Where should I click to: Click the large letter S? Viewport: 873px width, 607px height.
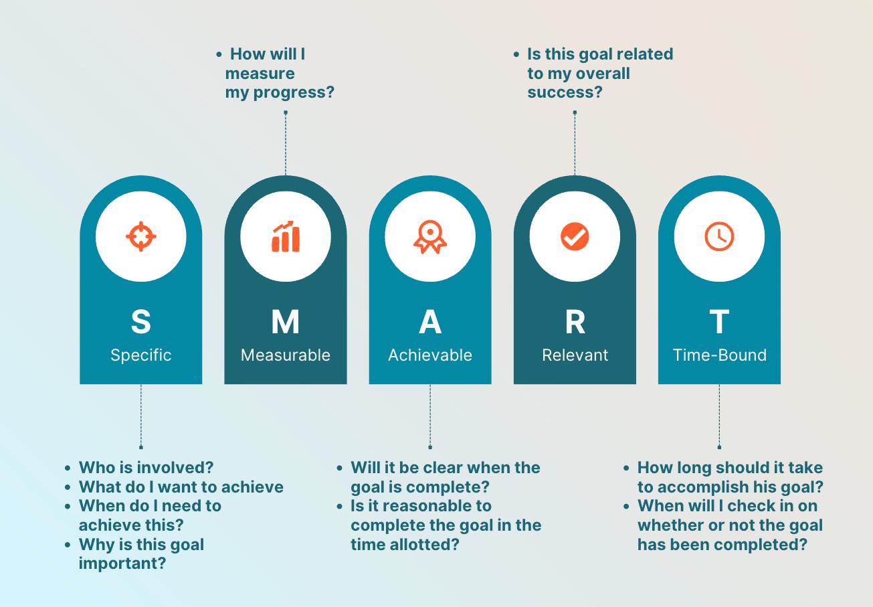140,322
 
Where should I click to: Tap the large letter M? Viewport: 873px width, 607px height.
286,322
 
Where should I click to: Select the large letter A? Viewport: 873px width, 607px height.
430,322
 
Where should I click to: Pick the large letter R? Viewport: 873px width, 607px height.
575,322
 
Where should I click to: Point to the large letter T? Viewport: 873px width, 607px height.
719,322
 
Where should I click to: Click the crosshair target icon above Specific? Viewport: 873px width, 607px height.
141,237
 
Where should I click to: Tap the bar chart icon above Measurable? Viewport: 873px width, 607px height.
286,237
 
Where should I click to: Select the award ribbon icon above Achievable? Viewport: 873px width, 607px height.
430,237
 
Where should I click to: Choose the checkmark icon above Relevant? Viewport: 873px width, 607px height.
575,237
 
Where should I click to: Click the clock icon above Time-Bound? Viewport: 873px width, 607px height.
719,237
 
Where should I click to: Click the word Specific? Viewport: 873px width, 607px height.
140,355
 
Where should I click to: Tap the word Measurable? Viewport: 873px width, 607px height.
286,355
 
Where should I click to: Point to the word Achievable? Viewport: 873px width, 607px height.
430,355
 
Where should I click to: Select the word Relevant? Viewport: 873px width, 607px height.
575,355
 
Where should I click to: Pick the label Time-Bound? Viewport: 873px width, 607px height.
719,355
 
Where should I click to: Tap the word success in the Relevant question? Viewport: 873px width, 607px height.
564,92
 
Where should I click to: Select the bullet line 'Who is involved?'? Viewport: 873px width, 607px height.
146,468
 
